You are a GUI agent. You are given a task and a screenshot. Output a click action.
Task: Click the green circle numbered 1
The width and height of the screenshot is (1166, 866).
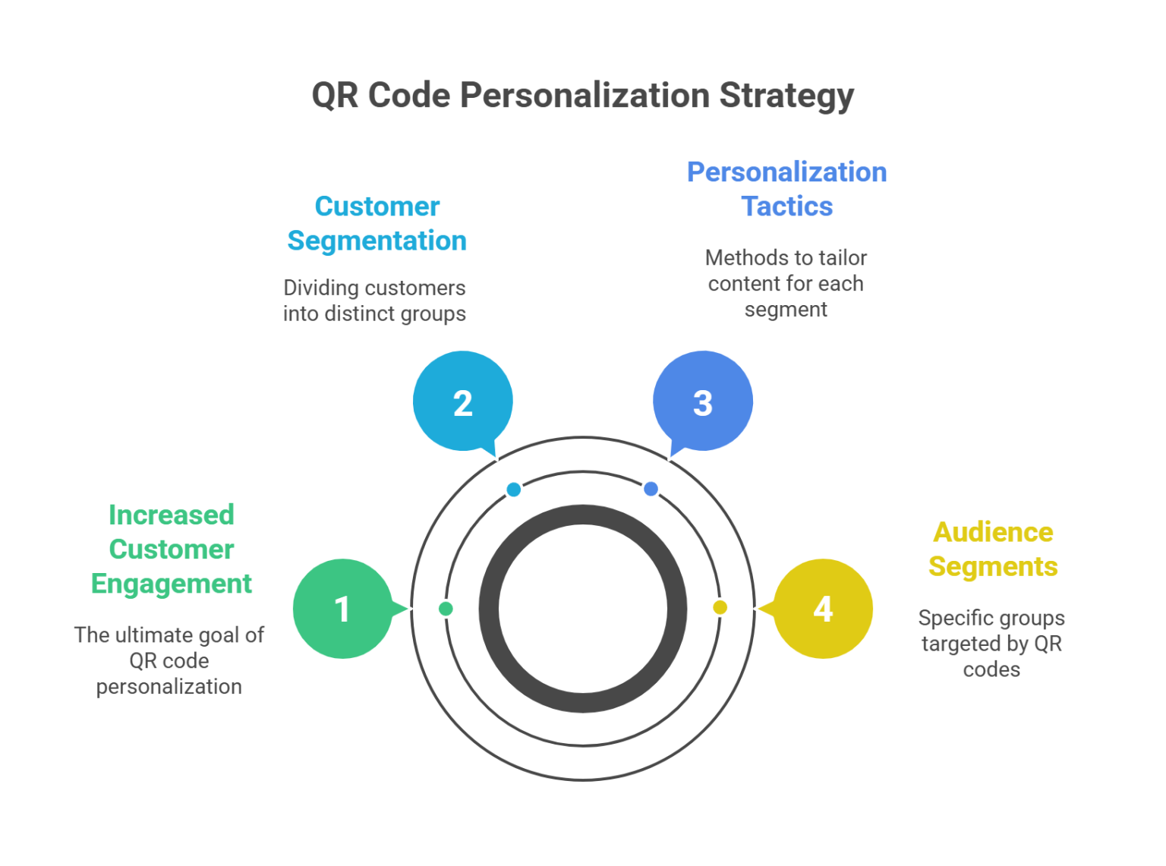342,609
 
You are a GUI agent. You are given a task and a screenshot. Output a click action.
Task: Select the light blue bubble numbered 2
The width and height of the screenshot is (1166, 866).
463,402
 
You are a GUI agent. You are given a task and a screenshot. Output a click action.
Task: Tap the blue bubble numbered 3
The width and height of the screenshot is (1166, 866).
703,402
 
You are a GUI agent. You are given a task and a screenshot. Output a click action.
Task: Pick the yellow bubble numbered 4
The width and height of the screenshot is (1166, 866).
824,609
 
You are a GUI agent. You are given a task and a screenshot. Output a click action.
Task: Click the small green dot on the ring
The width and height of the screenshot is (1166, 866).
446,609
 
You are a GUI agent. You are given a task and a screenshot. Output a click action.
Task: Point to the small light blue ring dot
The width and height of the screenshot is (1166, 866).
514,490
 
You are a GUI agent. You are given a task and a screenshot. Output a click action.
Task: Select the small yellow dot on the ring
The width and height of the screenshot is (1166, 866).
720,607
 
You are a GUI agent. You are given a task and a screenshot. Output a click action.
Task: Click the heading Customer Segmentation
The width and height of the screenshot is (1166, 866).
377,223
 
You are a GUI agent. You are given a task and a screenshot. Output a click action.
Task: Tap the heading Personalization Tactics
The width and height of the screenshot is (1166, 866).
786,189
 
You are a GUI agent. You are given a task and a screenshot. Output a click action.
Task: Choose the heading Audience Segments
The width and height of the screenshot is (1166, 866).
993,549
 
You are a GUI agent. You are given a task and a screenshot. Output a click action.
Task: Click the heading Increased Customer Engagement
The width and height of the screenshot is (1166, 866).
172,550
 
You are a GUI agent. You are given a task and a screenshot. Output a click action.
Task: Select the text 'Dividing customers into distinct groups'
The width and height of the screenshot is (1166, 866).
374,301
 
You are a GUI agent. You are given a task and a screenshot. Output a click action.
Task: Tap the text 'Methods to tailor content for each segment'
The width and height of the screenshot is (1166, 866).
786,284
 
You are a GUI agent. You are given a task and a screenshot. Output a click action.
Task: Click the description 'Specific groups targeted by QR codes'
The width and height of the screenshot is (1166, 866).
991,644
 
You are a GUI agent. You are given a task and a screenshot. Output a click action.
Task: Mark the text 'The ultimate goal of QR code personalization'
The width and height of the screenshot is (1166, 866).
169,660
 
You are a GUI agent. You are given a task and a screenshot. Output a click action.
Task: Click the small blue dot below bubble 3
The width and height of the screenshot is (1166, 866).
651,489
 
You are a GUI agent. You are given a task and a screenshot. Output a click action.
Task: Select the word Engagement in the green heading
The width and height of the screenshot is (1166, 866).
172,584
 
